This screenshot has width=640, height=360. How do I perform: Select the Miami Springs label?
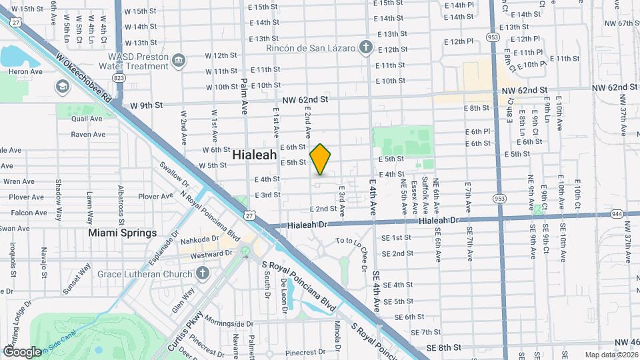pos(123,233)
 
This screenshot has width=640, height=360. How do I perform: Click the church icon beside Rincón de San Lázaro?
pos(365,47)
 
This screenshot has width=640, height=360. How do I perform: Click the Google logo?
pos(22,351)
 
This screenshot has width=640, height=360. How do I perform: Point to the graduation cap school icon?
pos(62,87)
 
